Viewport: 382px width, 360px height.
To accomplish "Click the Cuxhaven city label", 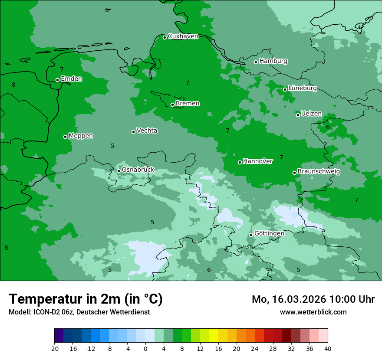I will click(183, 36).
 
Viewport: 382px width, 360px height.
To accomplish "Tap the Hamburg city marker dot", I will click(256, 62).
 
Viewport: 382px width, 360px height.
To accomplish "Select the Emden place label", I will click(71, 79).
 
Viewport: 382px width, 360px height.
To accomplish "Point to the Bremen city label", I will click(188, 104).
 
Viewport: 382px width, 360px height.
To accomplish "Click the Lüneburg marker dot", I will click(285, 89).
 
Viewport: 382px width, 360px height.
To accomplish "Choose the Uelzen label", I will click(311, 114).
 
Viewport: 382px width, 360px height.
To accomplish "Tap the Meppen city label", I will click(81, 136).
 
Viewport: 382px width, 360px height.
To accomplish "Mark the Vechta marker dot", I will click(133, 132).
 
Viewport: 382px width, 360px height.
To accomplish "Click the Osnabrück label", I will click(138, 170).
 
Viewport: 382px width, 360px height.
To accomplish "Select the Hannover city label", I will click(258, 161).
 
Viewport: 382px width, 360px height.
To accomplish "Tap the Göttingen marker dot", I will click(251, 235).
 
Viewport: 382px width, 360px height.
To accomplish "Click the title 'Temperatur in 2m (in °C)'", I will click(86, 299).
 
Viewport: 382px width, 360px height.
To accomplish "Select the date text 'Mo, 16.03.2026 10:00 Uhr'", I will click(313, 299).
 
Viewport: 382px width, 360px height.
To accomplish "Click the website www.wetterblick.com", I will click(313, 312).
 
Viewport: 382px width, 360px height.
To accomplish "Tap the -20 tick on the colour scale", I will click(54, 349).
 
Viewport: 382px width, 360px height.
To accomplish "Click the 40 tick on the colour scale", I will click(328, 349).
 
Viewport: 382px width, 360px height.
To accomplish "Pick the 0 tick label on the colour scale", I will click(145, 349).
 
